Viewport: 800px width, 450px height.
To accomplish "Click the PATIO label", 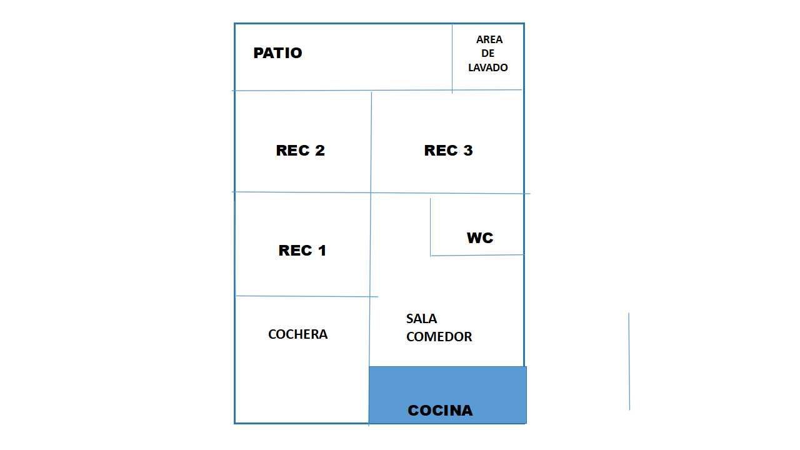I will tap(277, 53).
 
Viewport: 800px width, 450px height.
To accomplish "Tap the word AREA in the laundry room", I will tap(489, 39).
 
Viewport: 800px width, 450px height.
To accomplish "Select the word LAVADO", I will tap(488, 67).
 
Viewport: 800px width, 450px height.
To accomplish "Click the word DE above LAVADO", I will tap(488, 53).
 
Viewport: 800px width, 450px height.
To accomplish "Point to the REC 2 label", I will tap(300, 151).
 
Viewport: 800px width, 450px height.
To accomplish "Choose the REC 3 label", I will tap(448, 151).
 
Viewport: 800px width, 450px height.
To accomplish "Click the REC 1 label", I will tap(302, 251).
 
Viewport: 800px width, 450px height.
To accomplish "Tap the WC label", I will tap(479, 238).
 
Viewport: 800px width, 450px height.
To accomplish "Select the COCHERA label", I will tap(297, 334).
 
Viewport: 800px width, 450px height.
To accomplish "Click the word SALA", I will tap(421, 319).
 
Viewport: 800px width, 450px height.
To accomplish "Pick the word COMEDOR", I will tap(439, 337).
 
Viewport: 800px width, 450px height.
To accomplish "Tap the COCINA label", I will tap(440, 411).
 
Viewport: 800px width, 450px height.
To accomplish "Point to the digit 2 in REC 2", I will tap(319, 151).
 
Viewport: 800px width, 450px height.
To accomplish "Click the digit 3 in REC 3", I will tap(467, 151).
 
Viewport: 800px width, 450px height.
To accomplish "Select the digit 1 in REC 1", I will tap(321, 251).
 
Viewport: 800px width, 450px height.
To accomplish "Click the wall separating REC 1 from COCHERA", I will tap(306, 296).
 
